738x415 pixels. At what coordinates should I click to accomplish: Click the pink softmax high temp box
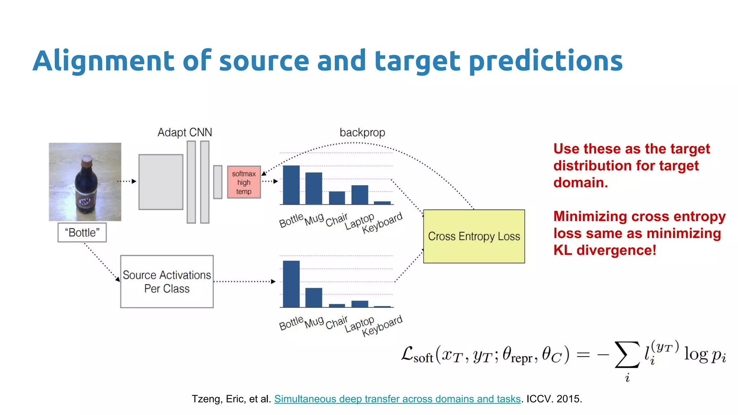point(244,182)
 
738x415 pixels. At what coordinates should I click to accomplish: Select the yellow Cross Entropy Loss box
point(474,236)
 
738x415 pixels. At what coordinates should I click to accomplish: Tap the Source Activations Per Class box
point(167,282)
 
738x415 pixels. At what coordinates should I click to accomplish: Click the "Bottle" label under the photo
point(82,233)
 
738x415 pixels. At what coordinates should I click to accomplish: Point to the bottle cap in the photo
point(87,160)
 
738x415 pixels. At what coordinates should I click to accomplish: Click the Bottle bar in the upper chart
point(291,185)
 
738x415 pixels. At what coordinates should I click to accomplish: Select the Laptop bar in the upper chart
point(360,195)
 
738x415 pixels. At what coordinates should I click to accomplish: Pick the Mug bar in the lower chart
point(314,298)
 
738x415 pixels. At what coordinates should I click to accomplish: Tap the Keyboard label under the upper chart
point(382,223)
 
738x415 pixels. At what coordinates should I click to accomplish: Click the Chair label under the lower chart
point(337,323)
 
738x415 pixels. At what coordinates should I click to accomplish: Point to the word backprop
point(362,133)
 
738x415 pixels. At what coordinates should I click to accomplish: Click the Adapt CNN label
point(185,133)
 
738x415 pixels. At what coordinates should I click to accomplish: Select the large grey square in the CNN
point(161,182)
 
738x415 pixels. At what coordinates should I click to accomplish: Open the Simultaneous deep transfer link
point(397,399)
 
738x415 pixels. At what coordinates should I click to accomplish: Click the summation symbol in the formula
point(627,355)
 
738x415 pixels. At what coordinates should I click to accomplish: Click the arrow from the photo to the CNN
point(127,181)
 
